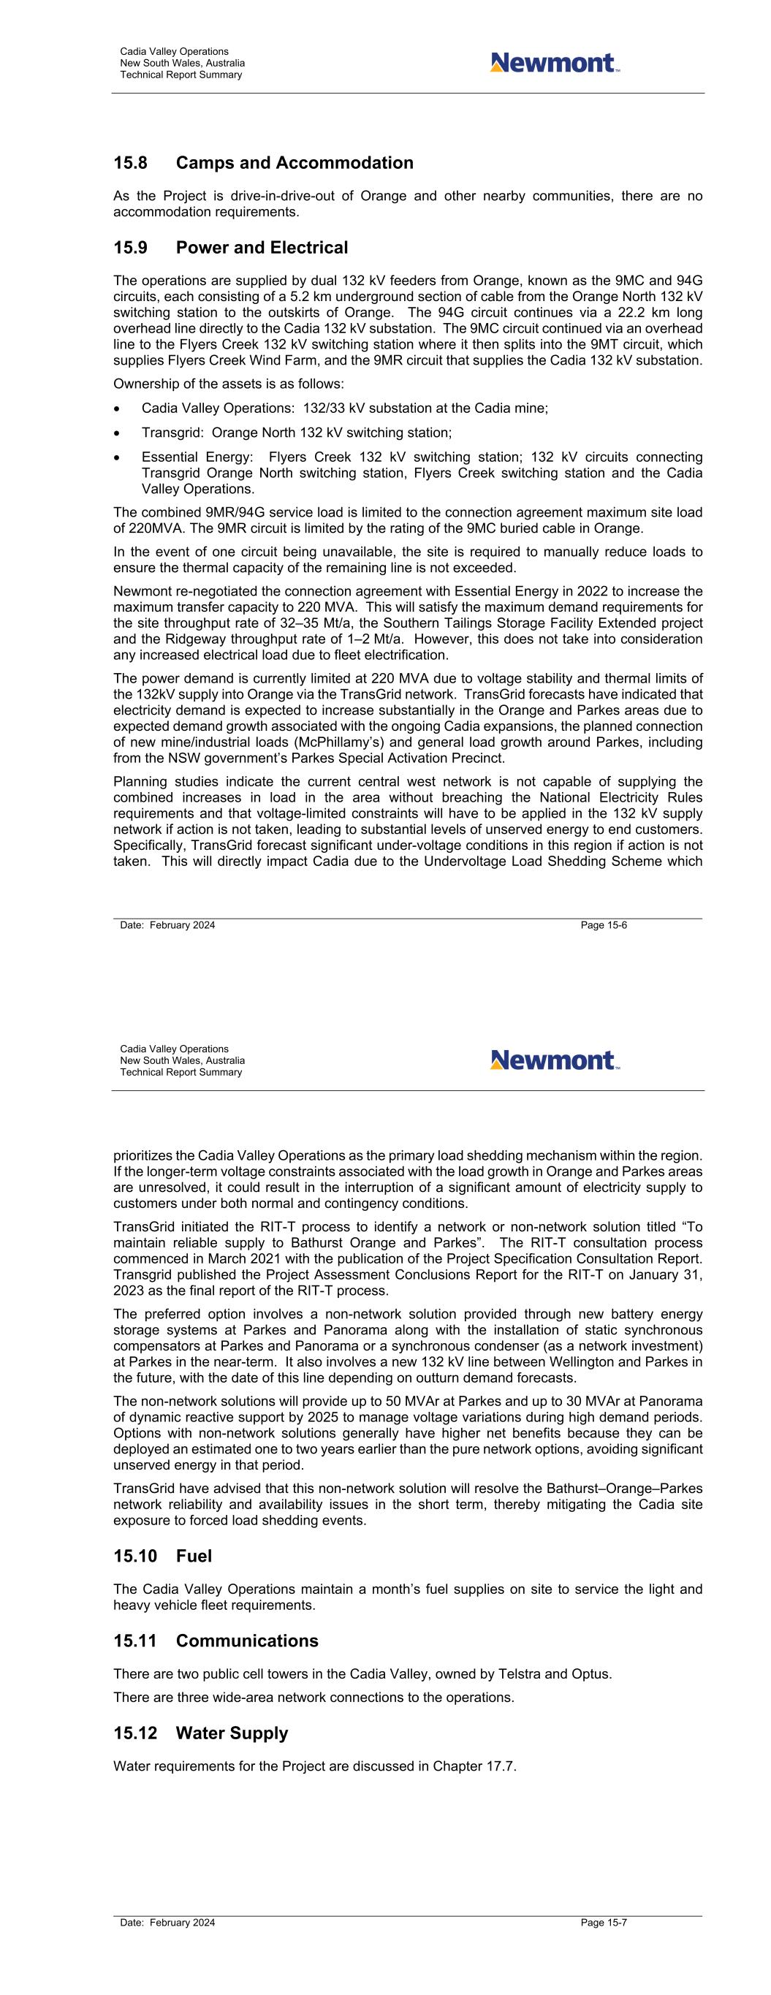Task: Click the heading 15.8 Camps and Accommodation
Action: [x=264, y=163]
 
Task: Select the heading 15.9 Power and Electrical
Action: [x=230, y=248]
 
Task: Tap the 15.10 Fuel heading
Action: [x=162, y=1556]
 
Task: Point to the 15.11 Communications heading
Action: [x=216, y=1641]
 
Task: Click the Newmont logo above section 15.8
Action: [x=554, y=63]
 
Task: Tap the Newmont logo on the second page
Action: [x=554, y=1060]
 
